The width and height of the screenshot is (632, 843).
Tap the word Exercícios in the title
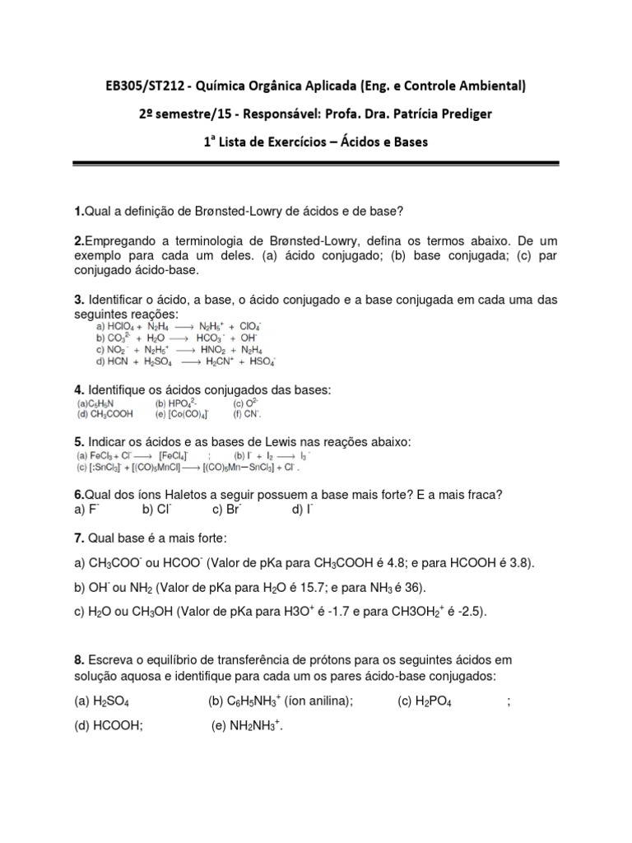(x=307, y=142)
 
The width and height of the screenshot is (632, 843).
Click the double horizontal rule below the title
(x=315, y=165)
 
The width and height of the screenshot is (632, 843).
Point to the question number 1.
(x=78, y=212)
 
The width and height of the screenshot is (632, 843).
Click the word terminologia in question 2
(x=201, y=240)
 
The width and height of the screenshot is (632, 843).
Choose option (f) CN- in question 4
(x=246, y=414)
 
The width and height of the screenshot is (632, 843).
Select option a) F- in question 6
(x=82, y=510)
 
